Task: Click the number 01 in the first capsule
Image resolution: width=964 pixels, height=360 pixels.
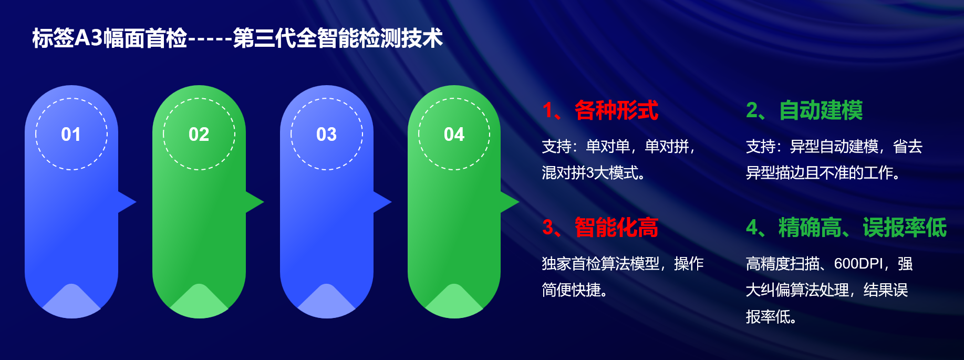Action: pyautogui.click(x=71, y=135)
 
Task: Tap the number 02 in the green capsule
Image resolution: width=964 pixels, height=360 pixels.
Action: pyautogui.click(x=199, y=135)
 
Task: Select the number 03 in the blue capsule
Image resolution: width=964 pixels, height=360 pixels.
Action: pyautogui.click(x=326, y=135)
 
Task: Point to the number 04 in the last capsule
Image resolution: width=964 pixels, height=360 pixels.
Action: pyautogui.click(x=454, y=135)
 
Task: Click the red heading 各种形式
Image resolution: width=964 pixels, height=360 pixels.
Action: pyautogui.click(x=616, y=110)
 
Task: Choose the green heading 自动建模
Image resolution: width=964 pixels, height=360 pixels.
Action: pyautogui.click(x=821, y=110)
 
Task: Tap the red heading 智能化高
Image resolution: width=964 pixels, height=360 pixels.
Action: pyautogui.click(x=616, y=228)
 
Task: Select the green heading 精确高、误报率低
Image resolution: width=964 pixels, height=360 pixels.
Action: pyautogui.click(x=863, y=228)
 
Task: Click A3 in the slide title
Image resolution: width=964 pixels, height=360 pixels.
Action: pyautogui.click(x=89, y=38)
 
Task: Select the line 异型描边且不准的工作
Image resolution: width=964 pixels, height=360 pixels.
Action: pyautogui.click(x=823, y=172)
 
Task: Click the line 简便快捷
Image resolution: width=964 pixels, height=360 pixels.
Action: pyautogui.click(x=575, y=290)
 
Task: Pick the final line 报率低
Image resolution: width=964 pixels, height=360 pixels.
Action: pyautogui.click(x=771, y=316)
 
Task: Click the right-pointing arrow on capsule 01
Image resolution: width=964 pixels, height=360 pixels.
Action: pyautogui.click(x=127, y=202)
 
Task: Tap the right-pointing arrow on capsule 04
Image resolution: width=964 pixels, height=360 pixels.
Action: pyautogui.click(x=510, y=202)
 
